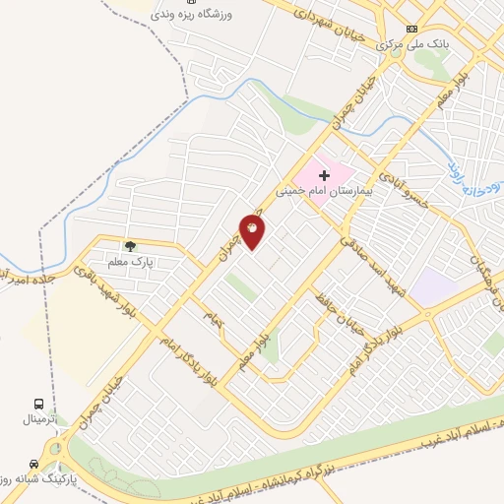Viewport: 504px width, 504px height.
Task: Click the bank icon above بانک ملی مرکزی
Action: click(411, 28)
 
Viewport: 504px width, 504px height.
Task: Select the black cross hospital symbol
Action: click(324, 175)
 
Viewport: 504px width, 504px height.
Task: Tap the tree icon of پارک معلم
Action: click(129, 245)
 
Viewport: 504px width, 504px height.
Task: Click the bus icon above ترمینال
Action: click(38, 404)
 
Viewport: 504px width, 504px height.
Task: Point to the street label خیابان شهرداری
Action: click(328, 24)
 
